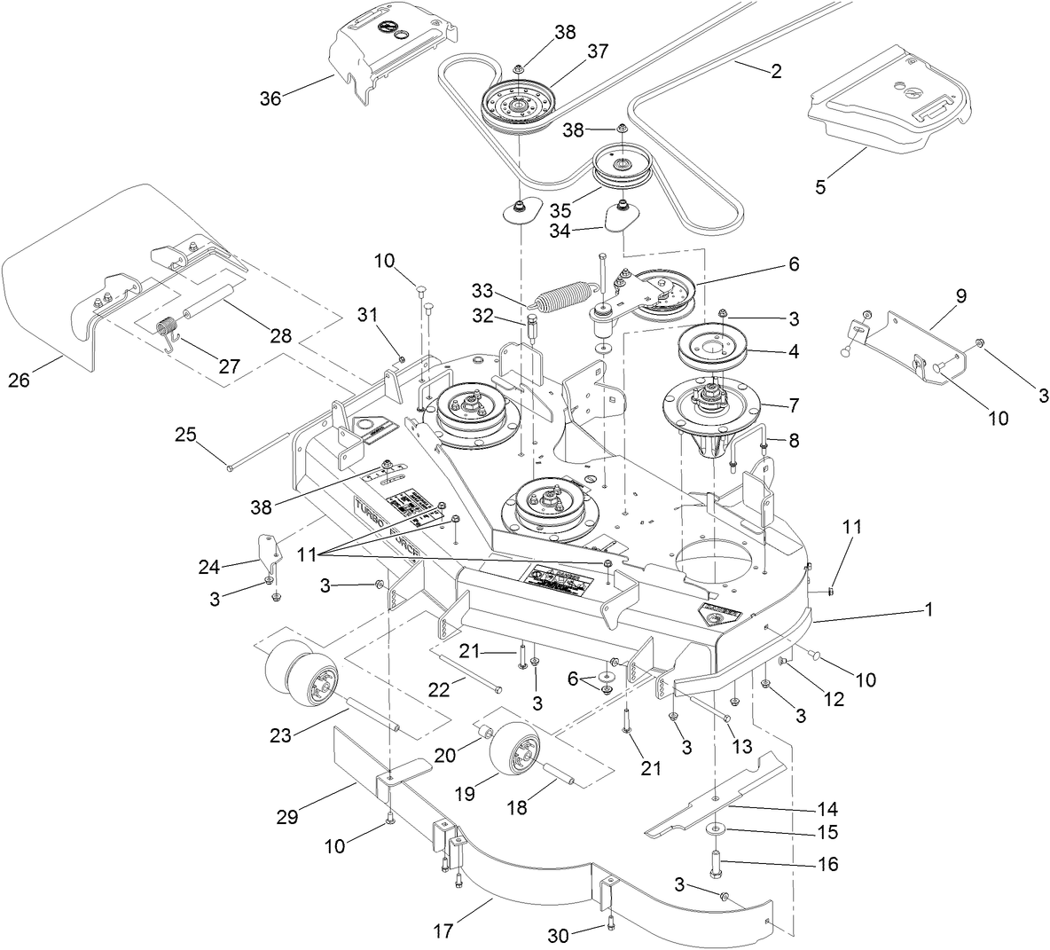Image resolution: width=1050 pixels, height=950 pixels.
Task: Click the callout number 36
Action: [x=270, y=98]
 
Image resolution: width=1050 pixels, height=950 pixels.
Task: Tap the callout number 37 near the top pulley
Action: [x=597, y=51]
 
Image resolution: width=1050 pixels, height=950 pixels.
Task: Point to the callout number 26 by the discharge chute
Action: [x=19, y=380]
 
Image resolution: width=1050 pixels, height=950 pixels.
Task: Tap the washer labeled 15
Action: [x=715, y=830]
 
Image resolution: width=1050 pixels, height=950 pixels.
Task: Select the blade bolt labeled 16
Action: [x=716, y=860]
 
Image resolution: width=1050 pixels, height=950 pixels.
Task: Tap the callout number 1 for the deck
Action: [x=928, y=610]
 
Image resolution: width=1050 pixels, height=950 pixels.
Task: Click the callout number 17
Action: [x=443, y=930]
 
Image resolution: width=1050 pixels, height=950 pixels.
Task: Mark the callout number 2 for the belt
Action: [x=776, y=72]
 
